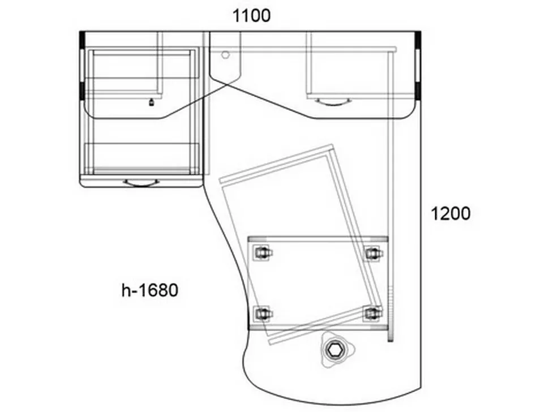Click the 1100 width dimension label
pyautogui.click(x=251, y=16)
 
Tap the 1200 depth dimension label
pyautogui.click(x=451, y=213)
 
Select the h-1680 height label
pyautogui.click(x=150, y=290)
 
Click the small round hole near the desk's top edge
pyautogui.click(x=225, y=54)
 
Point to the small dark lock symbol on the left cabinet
pyautogui.click(x=151, y=102)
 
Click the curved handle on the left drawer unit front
pyautogui.click(x=141, y=183)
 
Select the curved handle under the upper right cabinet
pyautogui.click(x=334, y=102)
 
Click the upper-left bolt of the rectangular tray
pyautogui.click(x=263, y=253)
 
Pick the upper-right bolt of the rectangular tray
pyautogui.click(x=372, y=253)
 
